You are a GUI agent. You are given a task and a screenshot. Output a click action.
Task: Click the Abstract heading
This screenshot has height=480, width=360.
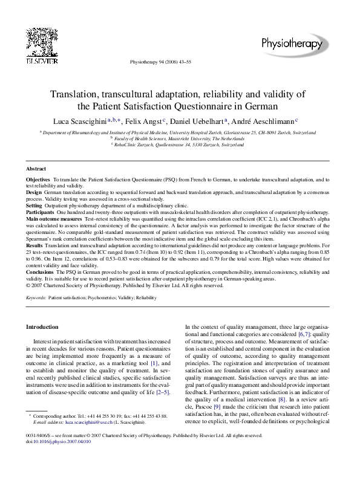(36, 169)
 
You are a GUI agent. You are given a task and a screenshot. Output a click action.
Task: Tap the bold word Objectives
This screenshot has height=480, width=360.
(38, 180)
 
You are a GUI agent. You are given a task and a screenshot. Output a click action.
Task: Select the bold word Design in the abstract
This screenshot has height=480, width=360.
(34, 192)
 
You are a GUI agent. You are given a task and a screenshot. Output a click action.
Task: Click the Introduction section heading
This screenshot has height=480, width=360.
(42, 327)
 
